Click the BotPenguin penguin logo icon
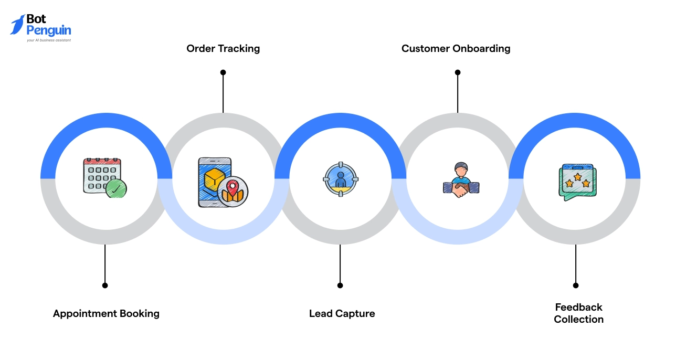[17, 25]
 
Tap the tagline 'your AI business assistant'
[49, 40]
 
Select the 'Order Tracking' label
[223, 48]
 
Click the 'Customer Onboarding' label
[456, 48]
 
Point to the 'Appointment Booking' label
[106, 313]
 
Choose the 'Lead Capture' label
[342, 313]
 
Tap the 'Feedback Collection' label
[578, 313]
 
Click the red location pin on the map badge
[231, 185]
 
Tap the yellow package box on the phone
[214, 179]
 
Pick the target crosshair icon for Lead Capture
[340, 179]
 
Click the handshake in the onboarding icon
[461, 189]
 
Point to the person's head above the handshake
[461, 169]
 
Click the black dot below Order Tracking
[223, 72]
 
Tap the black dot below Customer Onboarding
[457, 72]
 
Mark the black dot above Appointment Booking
[105, 285]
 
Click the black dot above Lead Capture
[340, 285]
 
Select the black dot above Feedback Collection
[576, 285]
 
